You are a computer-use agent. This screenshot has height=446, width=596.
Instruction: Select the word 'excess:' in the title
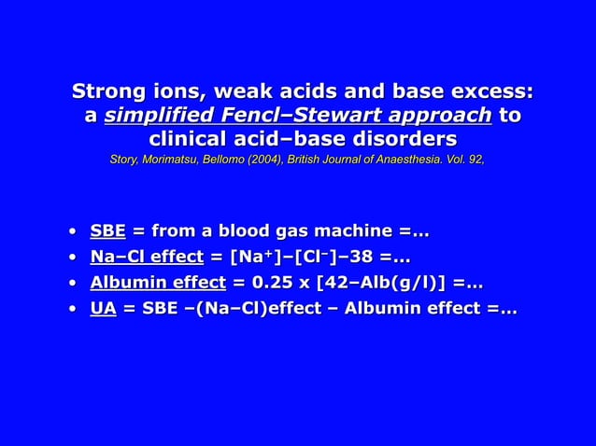click(x=491, y=91)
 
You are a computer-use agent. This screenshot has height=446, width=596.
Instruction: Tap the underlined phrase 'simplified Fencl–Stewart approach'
click(x=298, y=116)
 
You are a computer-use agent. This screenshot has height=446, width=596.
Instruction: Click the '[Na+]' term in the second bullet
click(x=245, y=257)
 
